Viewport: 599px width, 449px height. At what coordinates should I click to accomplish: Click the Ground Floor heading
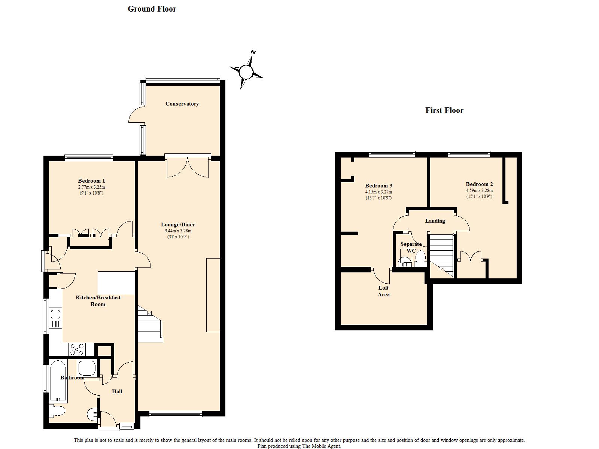[x=152, y=9]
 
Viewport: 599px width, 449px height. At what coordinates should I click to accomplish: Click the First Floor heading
[x=444, y=110]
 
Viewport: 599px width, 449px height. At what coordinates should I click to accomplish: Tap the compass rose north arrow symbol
[x=246, y=71]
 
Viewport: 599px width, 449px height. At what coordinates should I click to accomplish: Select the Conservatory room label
[x=182, y=104]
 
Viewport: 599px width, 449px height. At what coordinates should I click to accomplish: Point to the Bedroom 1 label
[x=91, y=181]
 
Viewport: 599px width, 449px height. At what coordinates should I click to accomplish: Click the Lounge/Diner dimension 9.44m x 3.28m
[x=178, y=230]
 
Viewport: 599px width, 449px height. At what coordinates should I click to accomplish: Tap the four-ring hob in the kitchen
[x=77, y=349]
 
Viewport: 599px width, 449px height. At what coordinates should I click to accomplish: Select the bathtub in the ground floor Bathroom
[x=58, y=381]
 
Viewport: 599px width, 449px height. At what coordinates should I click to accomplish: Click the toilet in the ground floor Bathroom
[x=57, y=411]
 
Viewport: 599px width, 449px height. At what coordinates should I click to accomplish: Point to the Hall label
[x=117, y=391]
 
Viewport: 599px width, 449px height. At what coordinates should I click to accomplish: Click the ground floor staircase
[x=150, y=324]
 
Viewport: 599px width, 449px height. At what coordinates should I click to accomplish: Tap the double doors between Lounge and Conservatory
[x=188, y=167]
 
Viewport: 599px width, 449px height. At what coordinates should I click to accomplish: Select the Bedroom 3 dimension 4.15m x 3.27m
[x=378, y=192]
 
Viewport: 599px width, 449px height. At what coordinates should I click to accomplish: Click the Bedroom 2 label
[x=479, y=184]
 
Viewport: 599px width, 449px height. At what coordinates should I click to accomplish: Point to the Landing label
[x=435, y=221]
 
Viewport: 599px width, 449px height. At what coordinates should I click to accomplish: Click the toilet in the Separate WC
[x=420, y=259]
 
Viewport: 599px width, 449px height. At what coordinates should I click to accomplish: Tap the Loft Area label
[x=383, y=291]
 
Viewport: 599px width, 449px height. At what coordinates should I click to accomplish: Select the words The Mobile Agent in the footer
[x=321, y=446]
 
